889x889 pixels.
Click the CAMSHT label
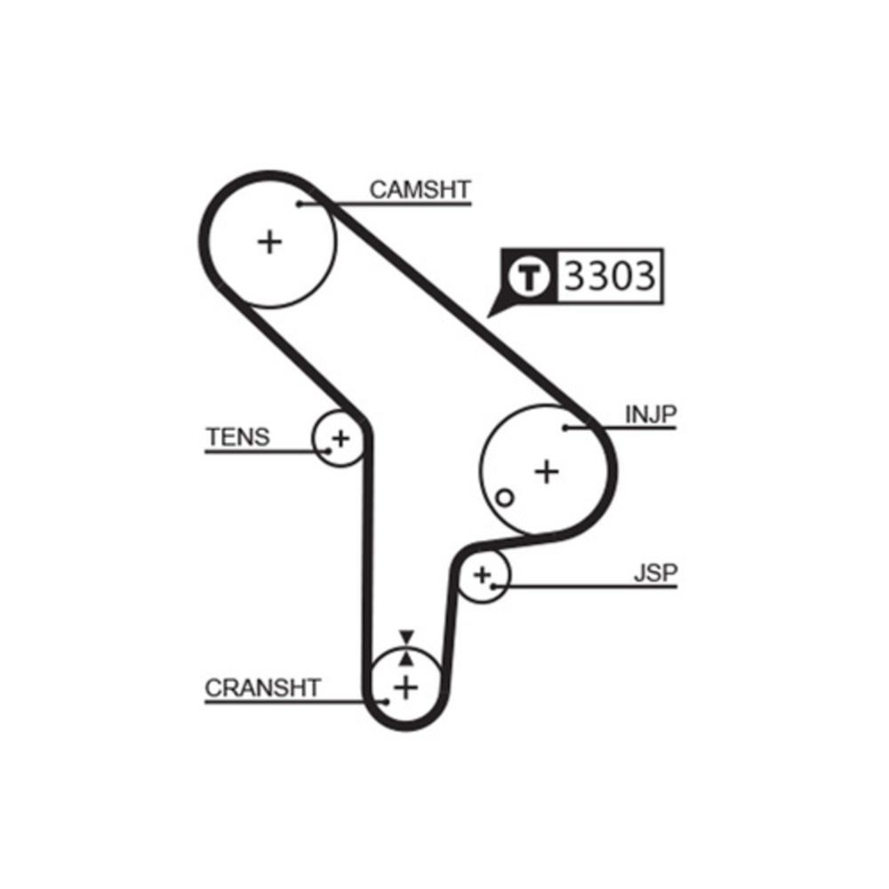tap(420, 189)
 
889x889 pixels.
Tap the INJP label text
tap(651, 413)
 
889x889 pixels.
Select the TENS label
tap(237, 436)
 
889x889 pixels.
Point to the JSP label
tap(655, 573)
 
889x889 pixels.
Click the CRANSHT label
tap(262, 688)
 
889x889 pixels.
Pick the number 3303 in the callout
tap(610, 277)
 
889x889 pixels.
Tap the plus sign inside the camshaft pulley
tap(269, 241)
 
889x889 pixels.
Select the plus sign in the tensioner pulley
tap(340, 437)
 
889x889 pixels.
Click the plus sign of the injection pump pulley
tap(547, 470)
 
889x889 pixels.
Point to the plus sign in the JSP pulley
tap(482, 574)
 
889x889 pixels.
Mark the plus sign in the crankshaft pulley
tap(405, 686)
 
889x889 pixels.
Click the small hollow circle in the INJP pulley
tap(504, 498)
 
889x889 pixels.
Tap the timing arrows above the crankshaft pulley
tap(406, 648)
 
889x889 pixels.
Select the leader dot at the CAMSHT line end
tap(300, 204)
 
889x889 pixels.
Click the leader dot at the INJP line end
tap(565, 428)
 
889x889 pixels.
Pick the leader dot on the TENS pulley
tap(328, 451)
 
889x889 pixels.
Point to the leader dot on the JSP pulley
tap(493, 586)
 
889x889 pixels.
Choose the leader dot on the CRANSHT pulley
tap(386, 701)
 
